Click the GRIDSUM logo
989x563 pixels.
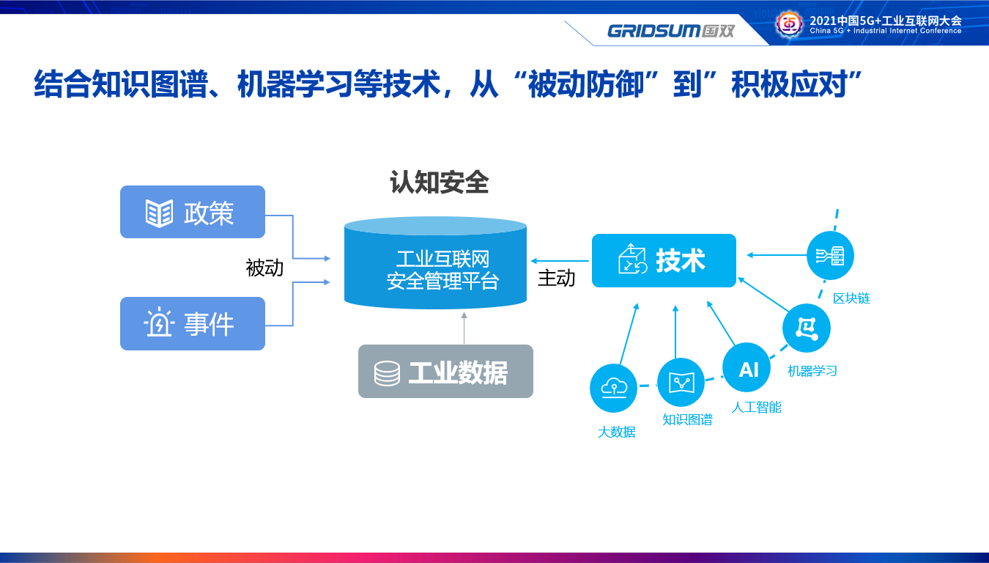tap(671, 31)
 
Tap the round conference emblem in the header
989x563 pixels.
tap(790, 23)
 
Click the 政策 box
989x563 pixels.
tap(193, 212)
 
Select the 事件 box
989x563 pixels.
tap(193, 323)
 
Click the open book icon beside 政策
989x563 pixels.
tap(159, 213)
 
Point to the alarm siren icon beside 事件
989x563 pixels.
tap(159, 323)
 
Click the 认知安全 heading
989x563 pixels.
tap(440, 182)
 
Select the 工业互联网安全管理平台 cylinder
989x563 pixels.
tap(435, 262)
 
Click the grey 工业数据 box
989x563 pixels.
tap(445, 371)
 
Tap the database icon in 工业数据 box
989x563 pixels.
tap(388, 373)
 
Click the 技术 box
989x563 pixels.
tap(664, 261)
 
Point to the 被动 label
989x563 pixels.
tap(264, 268)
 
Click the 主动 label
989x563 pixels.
tap(556, 278)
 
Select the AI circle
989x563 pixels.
tap(747, 367)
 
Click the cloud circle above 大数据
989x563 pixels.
tap(613, 388)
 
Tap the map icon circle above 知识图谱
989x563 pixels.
tap(681, 382)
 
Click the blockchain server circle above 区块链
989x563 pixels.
tap(830, 255)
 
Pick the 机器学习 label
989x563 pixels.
tap(812, 371)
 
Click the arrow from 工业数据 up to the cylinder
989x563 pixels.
tap(464, 328)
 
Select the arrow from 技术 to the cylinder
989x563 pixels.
tap(560, 261)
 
